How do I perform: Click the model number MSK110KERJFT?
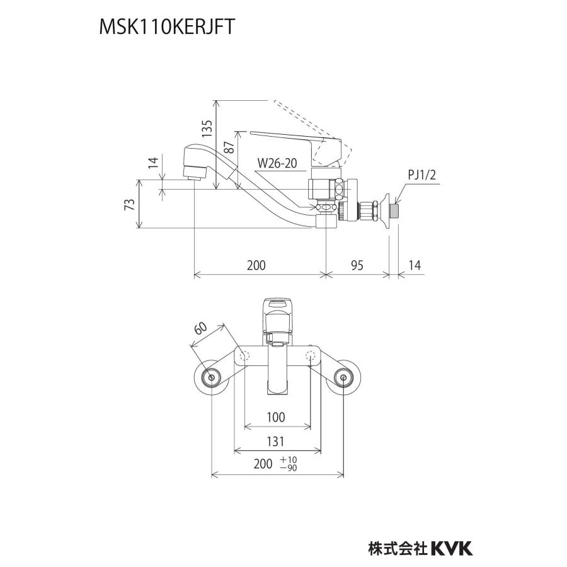point(167,26)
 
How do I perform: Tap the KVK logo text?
point(452,548)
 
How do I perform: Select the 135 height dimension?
point(207,129)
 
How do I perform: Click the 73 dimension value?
point(130,205)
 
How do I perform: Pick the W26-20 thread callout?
point(277,163)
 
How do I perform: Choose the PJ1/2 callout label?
point(421,175)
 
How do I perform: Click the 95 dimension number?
point(357,265)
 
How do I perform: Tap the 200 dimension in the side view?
point(256,265)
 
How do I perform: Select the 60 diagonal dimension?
point(201,328)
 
